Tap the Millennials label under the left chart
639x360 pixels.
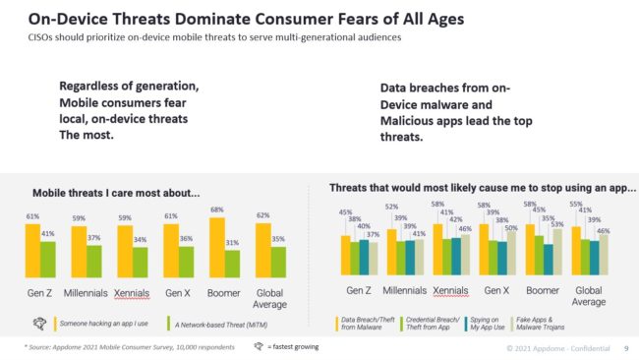tap(87, 293)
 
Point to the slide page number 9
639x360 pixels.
tap(625, 348)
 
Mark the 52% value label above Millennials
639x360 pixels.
tap(391, 208)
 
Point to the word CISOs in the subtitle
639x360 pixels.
tap(43, 37)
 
